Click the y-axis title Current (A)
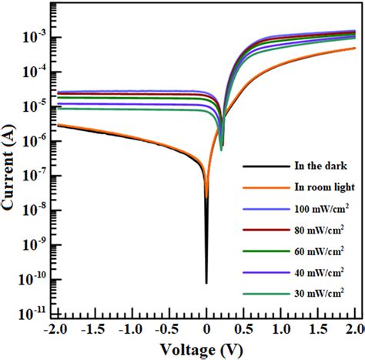tap(10, 164)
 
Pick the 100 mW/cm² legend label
tap(310, 208)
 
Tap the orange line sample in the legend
tap(257, 187)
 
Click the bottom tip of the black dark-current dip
tap(206, 283)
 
